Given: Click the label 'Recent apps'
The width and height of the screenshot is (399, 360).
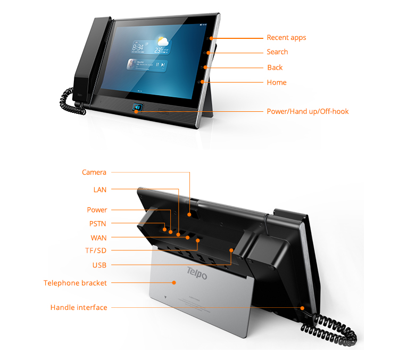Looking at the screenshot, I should [286, 38].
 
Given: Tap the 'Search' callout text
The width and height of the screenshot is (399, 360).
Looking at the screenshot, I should [277, 52].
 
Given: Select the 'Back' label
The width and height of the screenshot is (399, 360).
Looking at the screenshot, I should [275, 68].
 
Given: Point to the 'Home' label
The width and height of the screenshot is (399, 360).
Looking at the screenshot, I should [277, 83].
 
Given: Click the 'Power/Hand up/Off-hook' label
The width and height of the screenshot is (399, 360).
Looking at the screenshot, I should [307, 112].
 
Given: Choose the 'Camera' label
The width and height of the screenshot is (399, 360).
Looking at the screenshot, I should [94, 173].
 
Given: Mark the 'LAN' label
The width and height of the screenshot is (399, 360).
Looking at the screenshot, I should [100, 190].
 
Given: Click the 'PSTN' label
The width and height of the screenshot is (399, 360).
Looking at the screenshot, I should [98, 224].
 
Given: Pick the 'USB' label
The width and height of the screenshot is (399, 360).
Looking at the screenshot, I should [99, 265].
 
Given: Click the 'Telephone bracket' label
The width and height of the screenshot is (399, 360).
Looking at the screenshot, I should [75, 283].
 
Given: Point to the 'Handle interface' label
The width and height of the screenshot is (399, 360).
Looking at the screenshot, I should [79, 308].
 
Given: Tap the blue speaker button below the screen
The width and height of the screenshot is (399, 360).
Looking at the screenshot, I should [138, 109].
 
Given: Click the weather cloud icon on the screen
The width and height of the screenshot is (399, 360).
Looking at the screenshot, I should [161, 42].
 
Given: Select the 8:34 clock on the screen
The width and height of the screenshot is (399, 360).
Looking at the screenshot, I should [135, 47].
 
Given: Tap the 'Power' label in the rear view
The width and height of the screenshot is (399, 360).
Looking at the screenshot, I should [97, 210].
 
